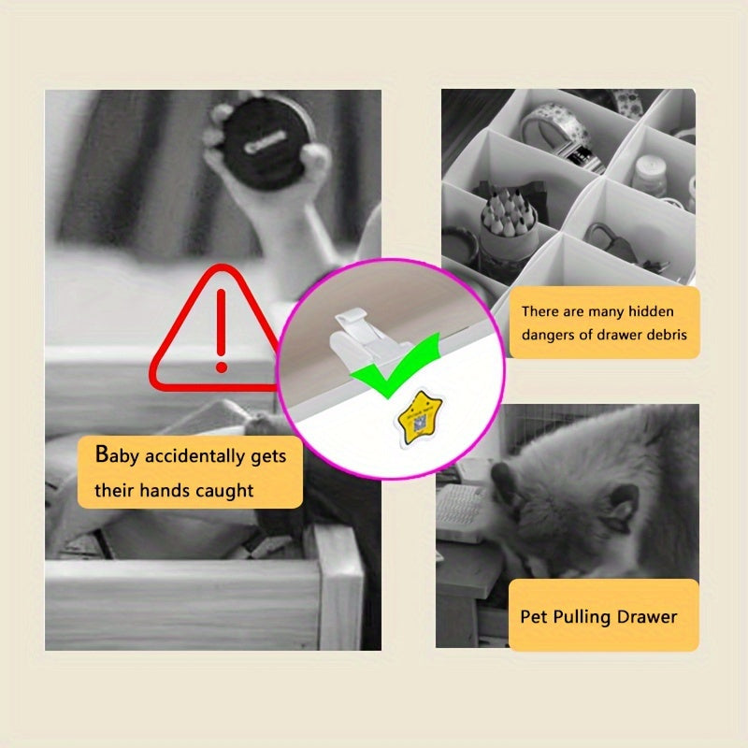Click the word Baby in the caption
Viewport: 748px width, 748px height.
121,456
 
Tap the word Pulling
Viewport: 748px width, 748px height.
583,618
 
